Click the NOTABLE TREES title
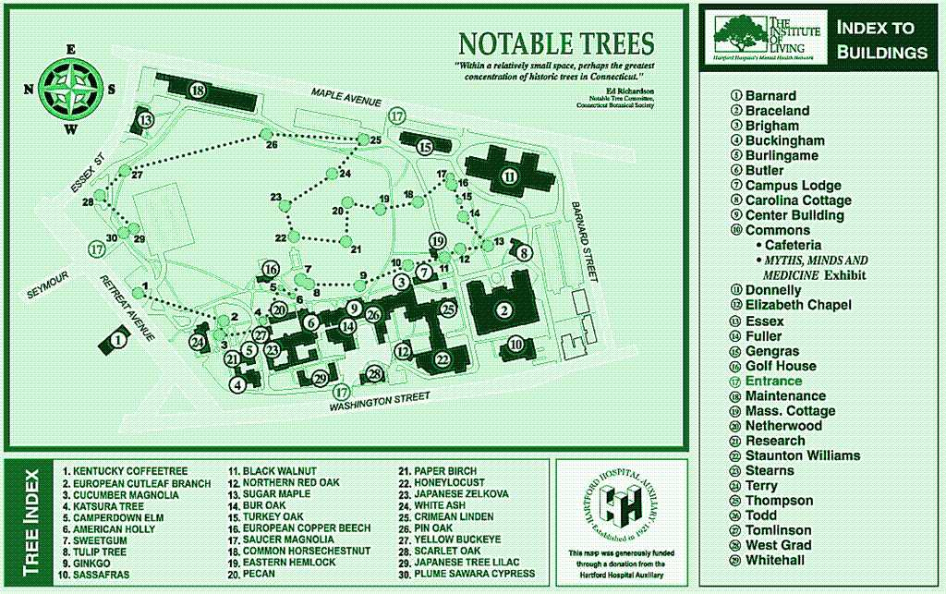coord(556,43)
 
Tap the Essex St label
coord(87,174)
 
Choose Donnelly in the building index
coord(773,290)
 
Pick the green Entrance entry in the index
coord(773,381)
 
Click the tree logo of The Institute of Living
coord(739,33)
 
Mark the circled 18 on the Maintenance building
coord(197,90)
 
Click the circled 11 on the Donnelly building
coord(509,176)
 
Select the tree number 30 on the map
coord(112,237)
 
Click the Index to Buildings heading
coord(881,40)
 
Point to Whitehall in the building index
coord(775,560)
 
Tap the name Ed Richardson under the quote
coord(631,91)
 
